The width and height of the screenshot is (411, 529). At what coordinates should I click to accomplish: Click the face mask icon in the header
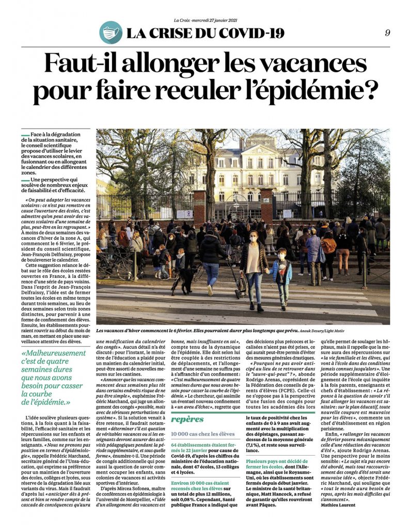pos(110,33)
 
